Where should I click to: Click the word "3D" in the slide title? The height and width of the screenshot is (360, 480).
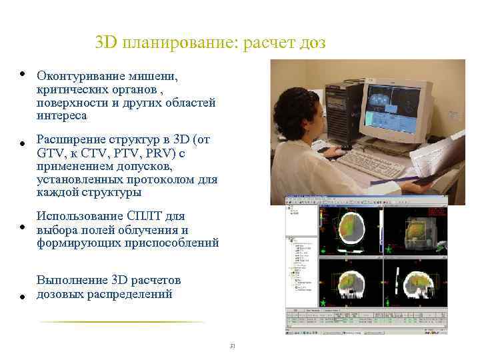tap(105, 43)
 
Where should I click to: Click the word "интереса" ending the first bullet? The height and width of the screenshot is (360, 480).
tap(62, 116)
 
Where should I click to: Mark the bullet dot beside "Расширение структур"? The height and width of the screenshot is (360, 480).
tap(22, 143)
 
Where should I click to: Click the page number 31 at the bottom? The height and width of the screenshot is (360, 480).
tap(233, 346)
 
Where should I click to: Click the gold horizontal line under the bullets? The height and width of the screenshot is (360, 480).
tap(120, 322)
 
